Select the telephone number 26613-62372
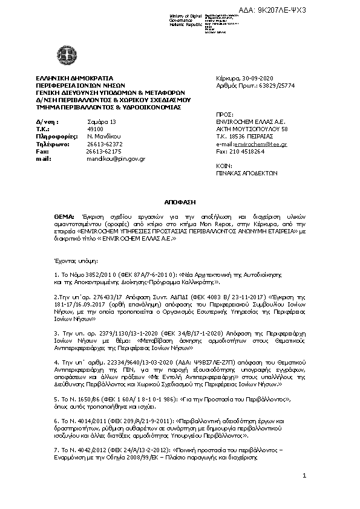click(x=104, y=144)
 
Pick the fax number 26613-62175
click(x=104, y=151)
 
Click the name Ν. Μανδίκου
click(x=103, y=137)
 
